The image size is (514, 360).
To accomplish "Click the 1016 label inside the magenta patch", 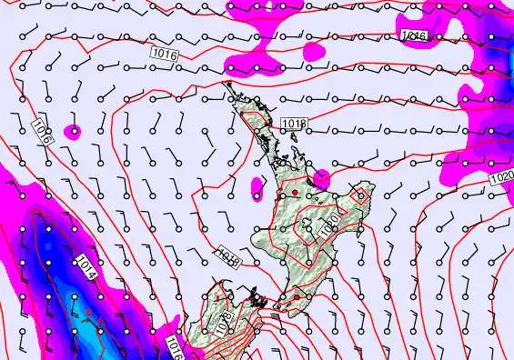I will [412, 35].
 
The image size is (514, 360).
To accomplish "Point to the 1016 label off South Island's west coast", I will [175, 346].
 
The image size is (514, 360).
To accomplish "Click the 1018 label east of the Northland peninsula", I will [294, 123].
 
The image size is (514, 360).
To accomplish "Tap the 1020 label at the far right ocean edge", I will [499, 175].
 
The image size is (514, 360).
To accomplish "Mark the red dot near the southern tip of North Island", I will [296, 296].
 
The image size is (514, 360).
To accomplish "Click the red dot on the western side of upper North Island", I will [294, 193].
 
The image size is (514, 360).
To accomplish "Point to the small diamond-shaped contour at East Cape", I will [362, 195].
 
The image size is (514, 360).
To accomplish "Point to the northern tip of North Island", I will [227, 85].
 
